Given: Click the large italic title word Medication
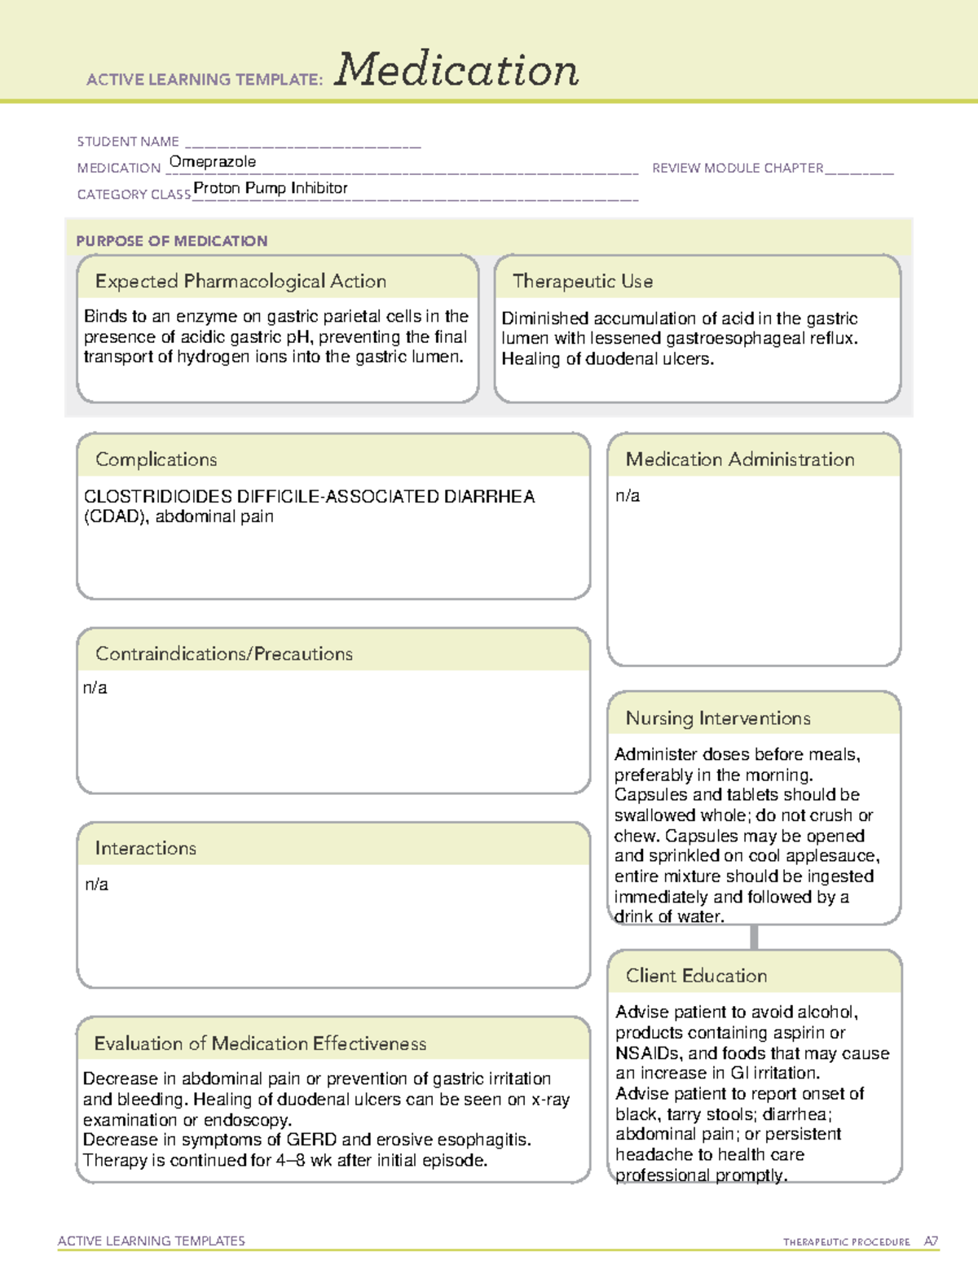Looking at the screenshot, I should click(x=456, y=70).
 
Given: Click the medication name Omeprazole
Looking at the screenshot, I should click(x=212, y=162).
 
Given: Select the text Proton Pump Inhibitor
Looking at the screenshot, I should click(x=270, y=188).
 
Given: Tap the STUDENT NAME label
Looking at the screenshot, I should click(x=128, y=142).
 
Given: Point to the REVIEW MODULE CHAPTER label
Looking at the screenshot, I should click(x=738, y=169).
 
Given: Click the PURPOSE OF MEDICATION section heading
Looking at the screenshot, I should click(x=171, y=241).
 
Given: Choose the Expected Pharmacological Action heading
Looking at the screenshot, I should click(x=240, y=281).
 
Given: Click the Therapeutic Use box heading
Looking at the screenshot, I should click(x=582, y=281).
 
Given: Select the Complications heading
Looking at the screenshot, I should click(x=156, y=459).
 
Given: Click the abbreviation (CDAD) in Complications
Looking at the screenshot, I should click(x=117, y=516).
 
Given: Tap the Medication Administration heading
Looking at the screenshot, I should click(x=739, y=459).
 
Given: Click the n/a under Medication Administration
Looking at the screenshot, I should click(x=628, y=496).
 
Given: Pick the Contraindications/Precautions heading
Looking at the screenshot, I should click(x=223, y=654).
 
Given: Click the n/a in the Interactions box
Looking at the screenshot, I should click(x=96, y=885).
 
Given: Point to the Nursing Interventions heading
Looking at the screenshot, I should click(x=717, y=718).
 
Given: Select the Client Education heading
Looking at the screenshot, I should click(x=696, y=976).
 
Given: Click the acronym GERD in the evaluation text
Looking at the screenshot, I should click(x=311, y=1140).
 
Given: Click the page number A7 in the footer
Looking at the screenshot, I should click(x=931, y=1241).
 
